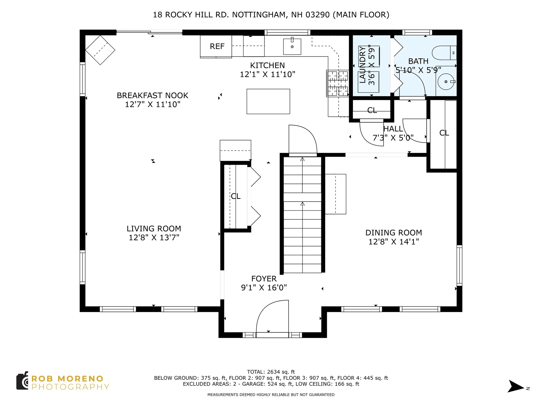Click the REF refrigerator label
click(217, 46)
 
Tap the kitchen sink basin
click(292, 47)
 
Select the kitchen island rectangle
click(268, 101)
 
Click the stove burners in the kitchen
click(338, 83)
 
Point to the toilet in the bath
click(444, 53)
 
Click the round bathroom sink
click(446, 82)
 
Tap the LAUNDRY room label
click(362, 65)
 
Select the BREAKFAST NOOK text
click(152, 96)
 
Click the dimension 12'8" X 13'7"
click(154, 238)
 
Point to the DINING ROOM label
click(394, 233)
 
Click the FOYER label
click(264, 279)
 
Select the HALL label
click(393, 129)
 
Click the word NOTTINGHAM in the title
click(259, 15)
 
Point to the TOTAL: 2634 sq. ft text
click(271, 372)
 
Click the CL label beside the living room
click(236, 196)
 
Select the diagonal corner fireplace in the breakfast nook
click(100, 50)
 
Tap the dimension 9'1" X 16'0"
click(264, 288)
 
